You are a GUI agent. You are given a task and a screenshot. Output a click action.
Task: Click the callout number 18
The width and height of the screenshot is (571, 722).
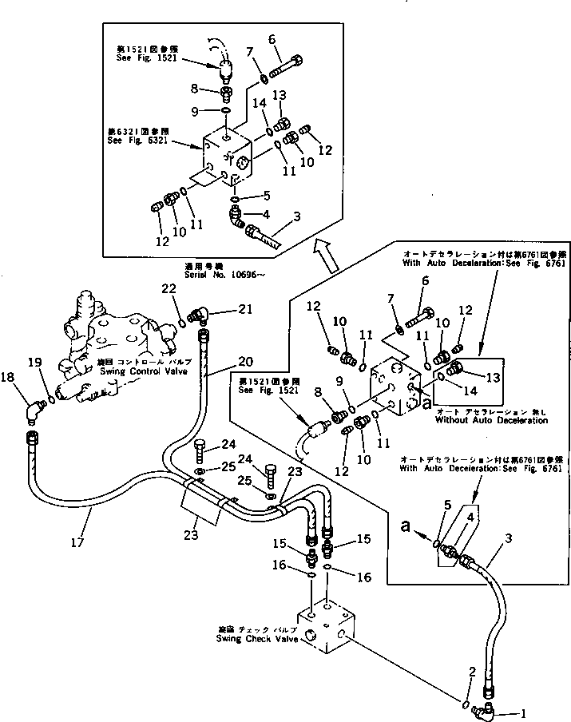pyautogui.click(x=7, y=378)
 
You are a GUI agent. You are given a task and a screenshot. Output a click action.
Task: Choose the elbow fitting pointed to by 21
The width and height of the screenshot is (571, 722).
pyautogui.click(x=199, y=316)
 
